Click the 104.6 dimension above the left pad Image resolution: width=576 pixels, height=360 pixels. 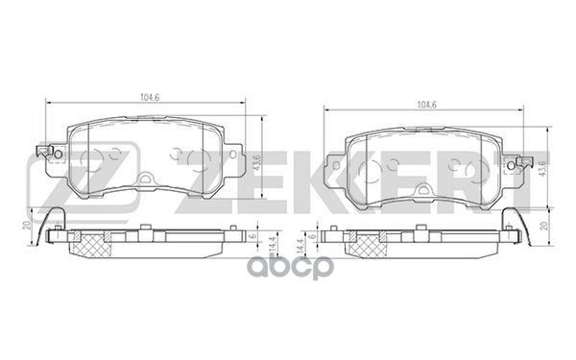pos(146,96)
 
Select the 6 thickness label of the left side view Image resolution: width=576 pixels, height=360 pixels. pos(252,235)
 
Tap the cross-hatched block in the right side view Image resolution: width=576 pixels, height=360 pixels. pos(368,248)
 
